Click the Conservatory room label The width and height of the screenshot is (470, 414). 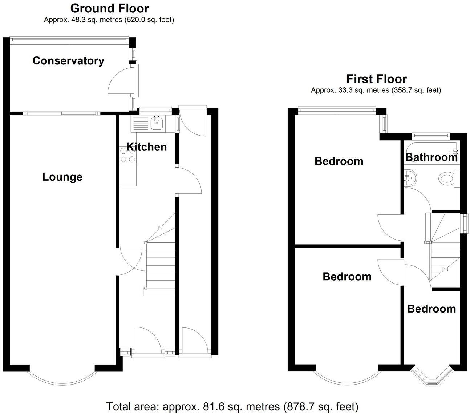68,61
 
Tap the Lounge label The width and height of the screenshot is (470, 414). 62,177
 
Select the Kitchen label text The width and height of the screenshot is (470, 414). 146,147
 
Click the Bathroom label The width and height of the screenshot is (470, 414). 431,157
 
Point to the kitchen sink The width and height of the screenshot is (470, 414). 157,124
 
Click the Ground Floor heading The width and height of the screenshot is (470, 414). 109,8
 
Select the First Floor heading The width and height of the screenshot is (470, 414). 376,79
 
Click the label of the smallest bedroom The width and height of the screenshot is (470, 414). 431,309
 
